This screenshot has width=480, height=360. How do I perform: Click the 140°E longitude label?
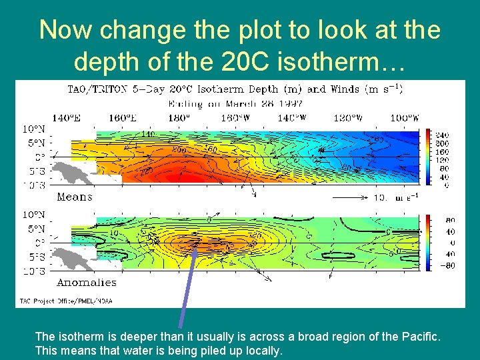click(68, 119)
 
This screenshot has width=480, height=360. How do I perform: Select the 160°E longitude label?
click(122, 119)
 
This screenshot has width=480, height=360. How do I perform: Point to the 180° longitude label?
click(179, 119)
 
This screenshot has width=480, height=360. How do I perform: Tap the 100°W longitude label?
click(405, 119)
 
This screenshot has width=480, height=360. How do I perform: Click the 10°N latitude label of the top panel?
click(35, 129)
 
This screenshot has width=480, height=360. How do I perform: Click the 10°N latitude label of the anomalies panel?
click(35, 215)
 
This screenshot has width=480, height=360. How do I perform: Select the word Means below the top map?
click(75, 197)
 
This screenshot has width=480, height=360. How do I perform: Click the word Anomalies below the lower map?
click(87, 283)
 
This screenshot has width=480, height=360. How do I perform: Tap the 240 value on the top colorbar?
click(441, 133)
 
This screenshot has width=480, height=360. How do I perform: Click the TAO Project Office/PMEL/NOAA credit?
click(65, 301)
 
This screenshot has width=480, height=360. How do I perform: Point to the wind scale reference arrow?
click(347, 197)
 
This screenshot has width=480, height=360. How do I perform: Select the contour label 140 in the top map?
click(148, 135)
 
